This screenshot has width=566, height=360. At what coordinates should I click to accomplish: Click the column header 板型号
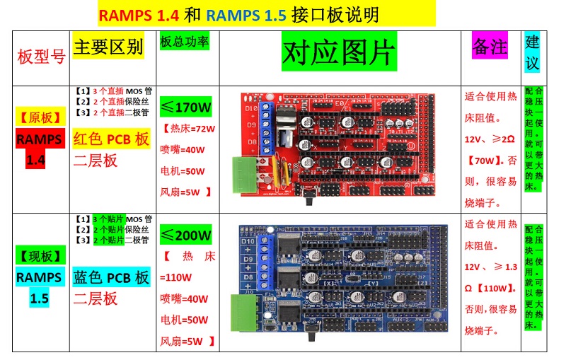coord(41,57)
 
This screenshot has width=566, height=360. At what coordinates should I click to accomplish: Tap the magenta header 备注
coord(490,47)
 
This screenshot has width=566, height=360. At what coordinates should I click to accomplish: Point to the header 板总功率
coord(185,42)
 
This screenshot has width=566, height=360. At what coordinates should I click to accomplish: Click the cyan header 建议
coord(532,52)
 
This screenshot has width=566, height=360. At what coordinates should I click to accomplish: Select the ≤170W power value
coord(186,108)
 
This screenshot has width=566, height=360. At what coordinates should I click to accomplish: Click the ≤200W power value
coord(186,235)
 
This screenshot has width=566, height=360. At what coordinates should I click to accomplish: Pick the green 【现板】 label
coord(40,255)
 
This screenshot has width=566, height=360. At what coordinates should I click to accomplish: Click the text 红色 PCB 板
coord(112,139)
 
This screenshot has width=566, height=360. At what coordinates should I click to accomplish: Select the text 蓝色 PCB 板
coord(112,277)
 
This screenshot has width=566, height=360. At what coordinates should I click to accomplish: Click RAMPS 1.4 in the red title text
coord(139,15)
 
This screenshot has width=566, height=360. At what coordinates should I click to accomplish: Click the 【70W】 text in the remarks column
coord(483,161)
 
